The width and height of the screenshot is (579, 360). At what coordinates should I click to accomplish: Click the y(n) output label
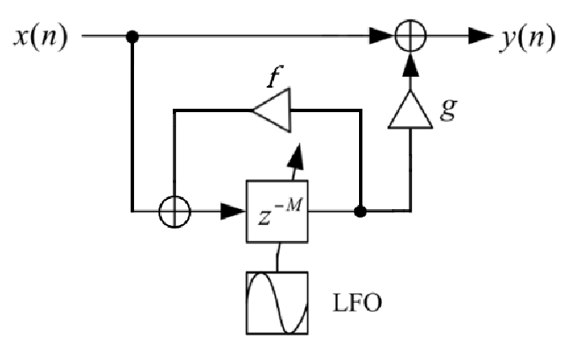[528, 38]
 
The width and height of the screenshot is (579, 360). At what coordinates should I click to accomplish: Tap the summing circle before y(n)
[410, 37]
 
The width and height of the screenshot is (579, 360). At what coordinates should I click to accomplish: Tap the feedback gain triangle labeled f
[271, 110]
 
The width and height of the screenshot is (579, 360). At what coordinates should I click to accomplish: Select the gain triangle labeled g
[410, 110]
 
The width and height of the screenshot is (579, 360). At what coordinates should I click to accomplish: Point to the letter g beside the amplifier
[446, 109]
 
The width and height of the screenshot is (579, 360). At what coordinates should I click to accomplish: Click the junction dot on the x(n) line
[131, 37]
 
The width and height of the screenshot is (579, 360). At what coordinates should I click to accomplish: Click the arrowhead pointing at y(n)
[480, 37]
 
